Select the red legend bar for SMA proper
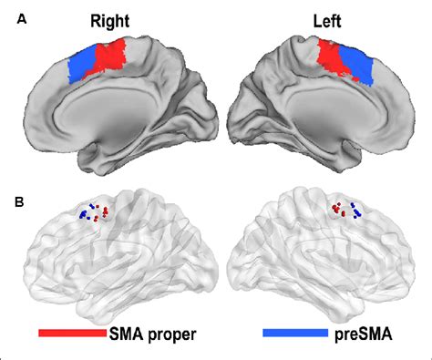click(72, 333)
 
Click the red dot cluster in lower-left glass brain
click(104, 212)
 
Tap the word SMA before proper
click(127, 333)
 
